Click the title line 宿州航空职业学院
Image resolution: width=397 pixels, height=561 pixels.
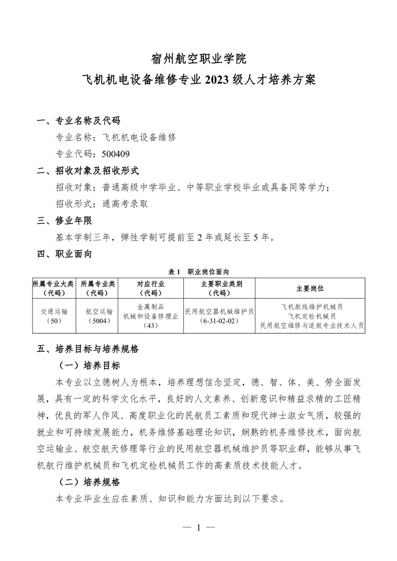point(199,59)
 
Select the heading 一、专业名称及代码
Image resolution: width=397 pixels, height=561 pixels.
point(79,120)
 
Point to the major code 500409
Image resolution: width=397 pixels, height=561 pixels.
point(116,153)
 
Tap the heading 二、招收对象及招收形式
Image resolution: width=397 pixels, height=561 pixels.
point(88,170)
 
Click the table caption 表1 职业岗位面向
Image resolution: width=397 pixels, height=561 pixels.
point(199,271)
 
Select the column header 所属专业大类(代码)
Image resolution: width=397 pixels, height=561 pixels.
point(53,288)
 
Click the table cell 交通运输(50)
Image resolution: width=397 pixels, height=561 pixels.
point(53,315)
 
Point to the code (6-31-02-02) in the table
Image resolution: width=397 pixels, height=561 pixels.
point(219,320)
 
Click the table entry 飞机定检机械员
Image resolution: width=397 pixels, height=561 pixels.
point(312,316)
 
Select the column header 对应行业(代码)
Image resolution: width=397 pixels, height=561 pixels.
point(150,288)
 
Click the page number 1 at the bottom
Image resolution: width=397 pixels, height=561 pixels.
point(199,527)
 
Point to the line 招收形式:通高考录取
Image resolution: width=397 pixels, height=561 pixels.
point(102,203)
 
